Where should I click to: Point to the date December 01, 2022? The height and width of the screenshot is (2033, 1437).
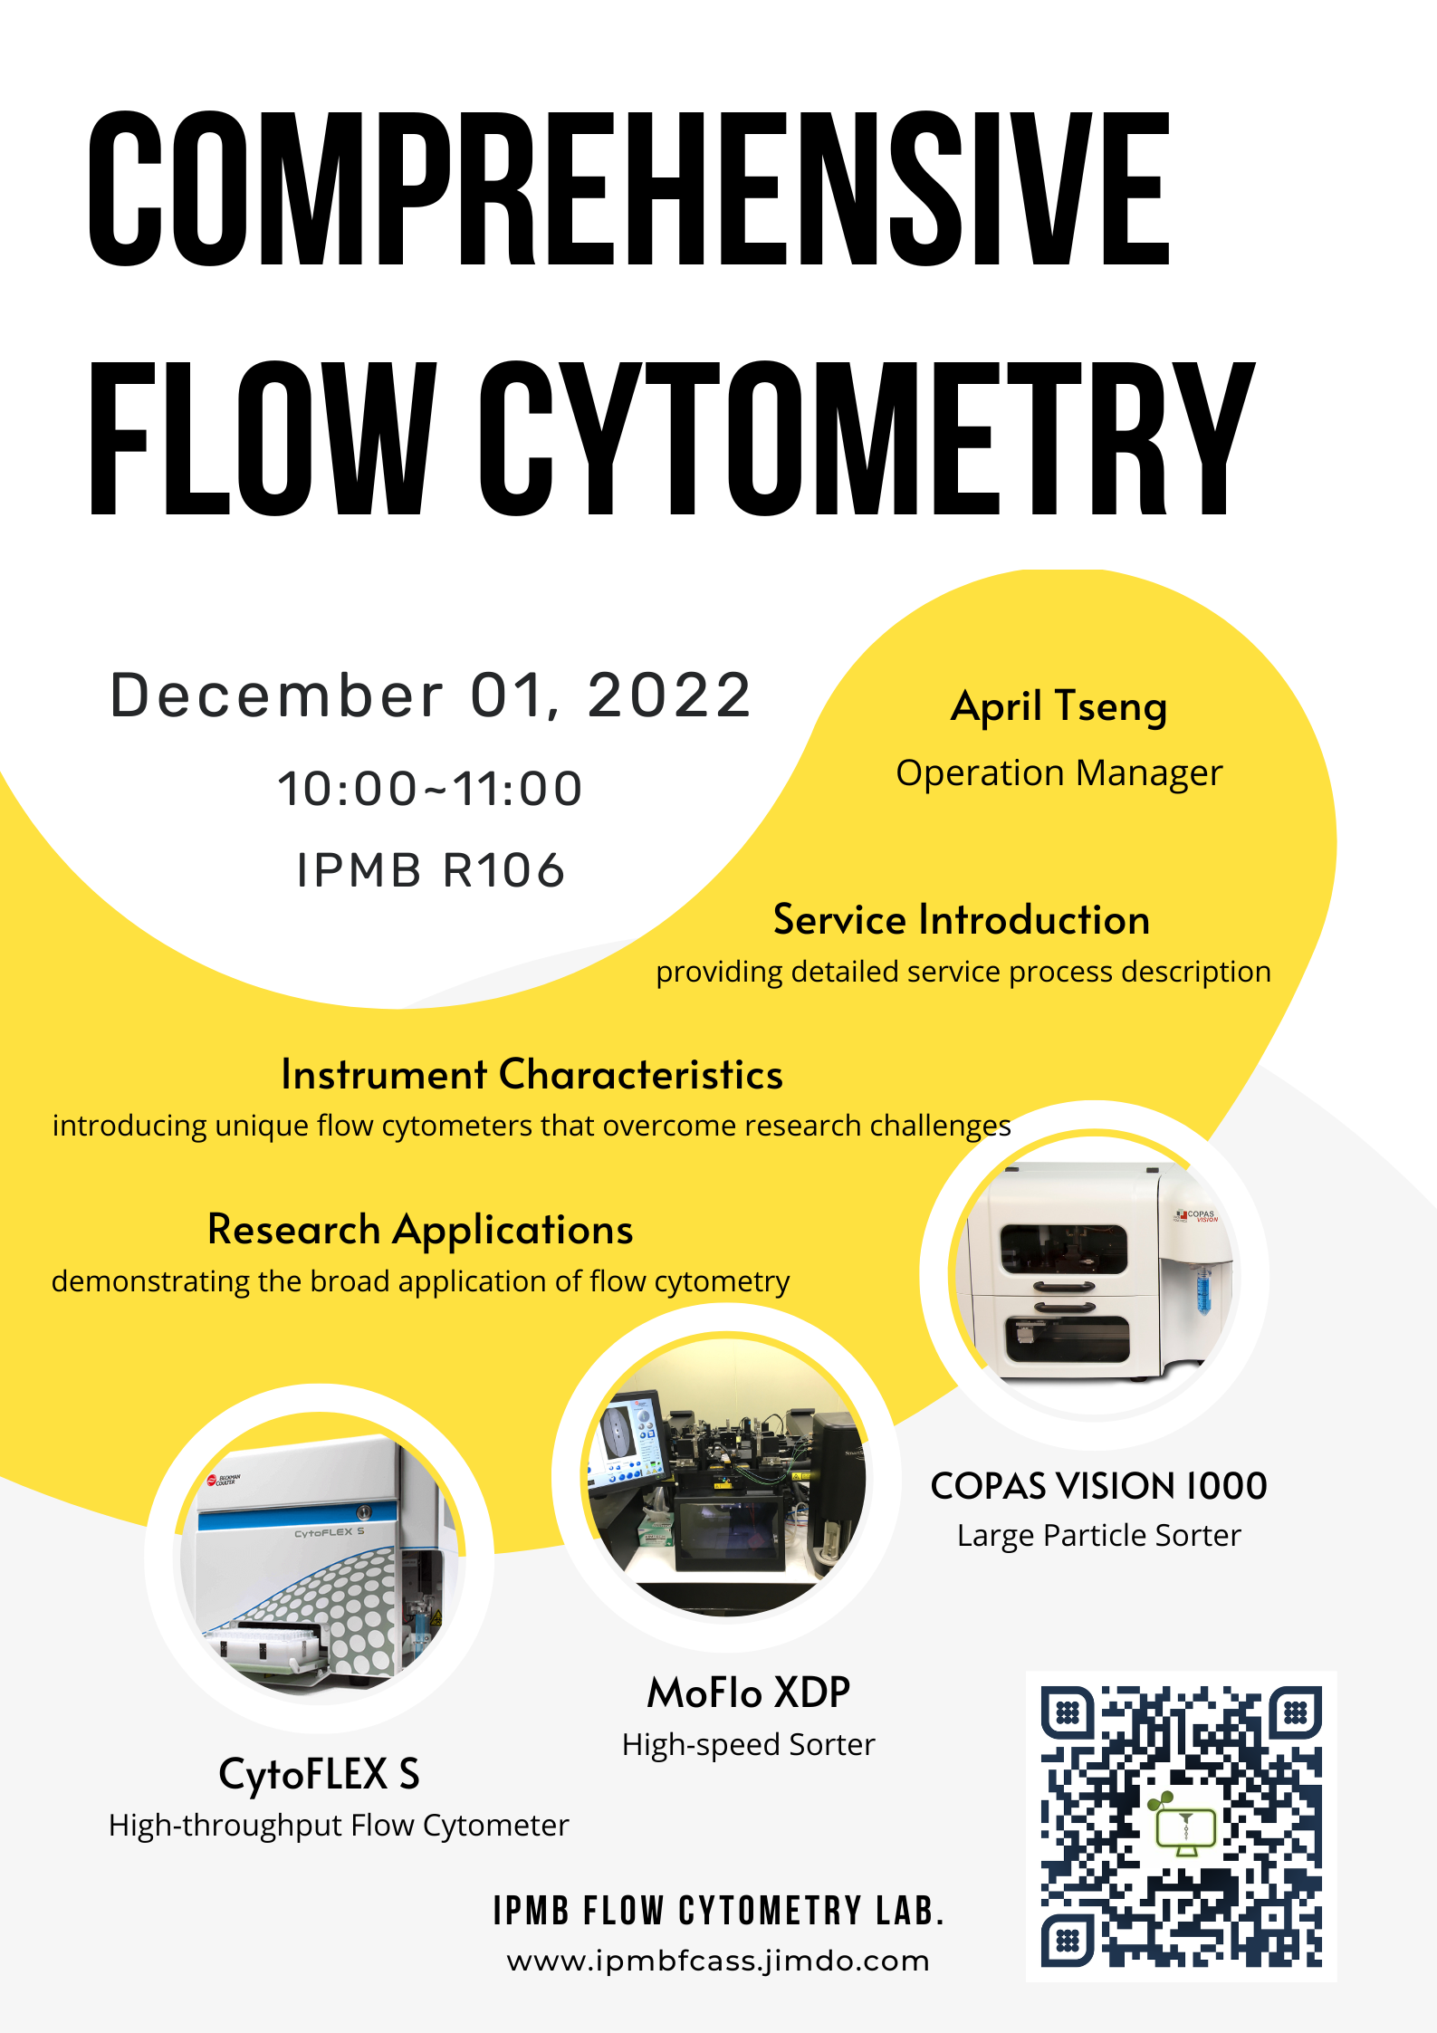(431, 695)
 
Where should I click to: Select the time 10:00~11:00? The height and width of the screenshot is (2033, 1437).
(430, 788)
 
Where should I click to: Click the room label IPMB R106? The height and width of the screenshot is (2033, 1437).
(431, 870)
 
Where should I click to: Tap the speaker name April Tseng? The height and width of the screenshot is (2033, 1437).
(1059, 707)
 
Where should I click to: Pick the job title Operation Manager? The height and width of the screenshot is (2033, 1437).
(1059, 773)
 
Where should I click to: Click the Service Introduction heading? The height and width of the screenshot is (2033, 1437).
(962, 919)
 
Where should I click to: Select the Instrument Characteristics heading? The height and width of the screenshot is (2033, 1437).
(532, 1074)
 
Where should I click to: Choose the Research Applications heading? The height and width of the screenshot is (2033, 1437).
(420, 1230)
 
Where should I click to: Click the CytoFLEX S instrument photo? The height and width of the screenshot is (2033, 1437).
(320, 1558)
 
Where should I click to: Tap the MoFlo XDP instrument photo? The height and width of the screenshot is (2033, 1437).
(726, 1477)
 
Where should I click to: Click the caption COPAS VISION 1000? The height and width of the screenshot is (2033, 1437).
(1099, 1486)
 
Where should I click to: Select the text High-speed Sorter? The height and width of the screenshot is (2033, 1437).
(749, 1745)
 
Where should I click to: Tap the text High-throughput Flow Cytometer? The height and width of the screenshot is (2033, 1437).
(339, 1826)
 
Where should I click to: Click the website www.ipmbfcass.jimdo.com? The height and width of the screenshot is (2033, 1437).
(718, 1961)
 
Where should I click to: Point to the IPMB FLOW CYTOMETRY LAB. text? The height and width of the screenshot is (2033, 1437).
(719, 1911)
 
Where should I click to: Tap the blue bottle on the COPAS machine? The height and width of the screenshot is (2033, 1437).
(1203, 1290)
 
